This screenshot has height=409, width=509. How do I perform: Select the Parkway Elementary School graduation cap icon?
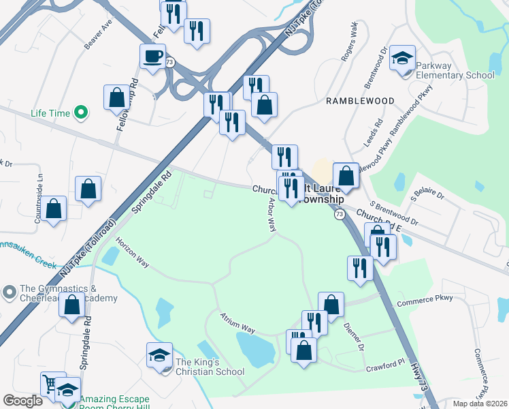pyautogui.click(x=403, y=59)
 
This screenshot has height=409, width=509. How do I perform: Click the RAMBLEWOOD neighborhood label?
pyautogui.click(x=360, y=101)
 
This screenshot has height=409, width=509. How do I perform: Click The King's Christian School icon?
pyautogui.click(x=160, y=356)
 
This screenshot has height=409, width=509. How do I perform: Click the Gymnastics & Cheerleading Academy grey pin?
pyautogui.click(x=9, y=293)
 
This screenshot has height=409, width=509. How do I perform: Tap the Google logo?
pyautogui.click(x=22, y=401)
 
